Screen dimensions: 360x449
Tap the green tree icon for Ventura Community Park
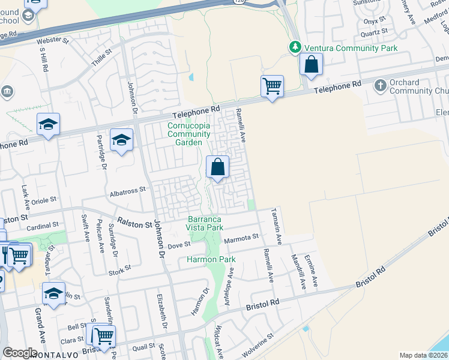coord(294,47)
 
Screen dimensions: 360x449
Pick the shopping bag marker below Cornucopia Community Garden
coord(218,167)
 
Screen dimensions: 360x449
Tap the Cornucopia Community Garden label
coord(188,134)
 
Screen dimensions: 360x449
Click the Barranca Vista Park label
coord(205,223)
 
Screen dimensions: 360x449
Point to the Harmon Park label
coord(211,259)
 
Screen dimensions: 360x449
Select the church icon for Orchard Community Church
coord(379,86)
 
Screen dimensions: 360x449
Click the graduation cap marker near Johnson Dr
coord(122,141)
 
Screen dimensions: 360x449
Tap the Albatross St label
coord(128,190)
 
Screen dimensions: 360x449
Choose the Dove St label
coord(179,244)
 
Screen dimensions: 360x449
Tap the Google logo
coord(20,353)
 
